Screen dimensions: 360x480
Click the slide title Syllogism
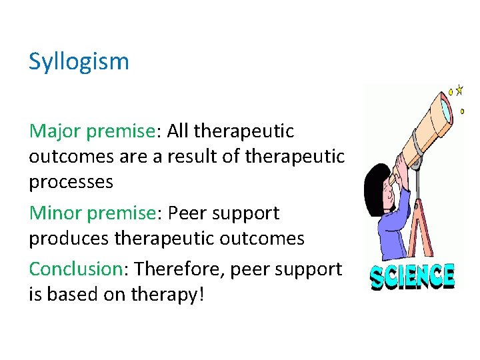[79, 62]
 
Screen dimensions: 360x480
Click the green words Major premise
[92, 131]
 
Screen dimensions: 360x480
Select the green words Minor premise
[92, 213]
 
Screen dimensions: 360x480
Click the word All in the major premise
[177, 131]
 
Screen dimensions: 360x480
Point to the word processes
[71, 181]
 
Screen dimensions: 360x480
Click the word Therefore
[175, 269]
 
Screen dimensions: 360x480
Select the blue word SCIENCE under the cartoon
[413, 277]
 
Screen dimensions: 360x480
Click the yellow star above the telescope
[459, 90]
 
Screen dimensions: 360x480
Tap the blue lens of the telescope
[444, 107]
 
